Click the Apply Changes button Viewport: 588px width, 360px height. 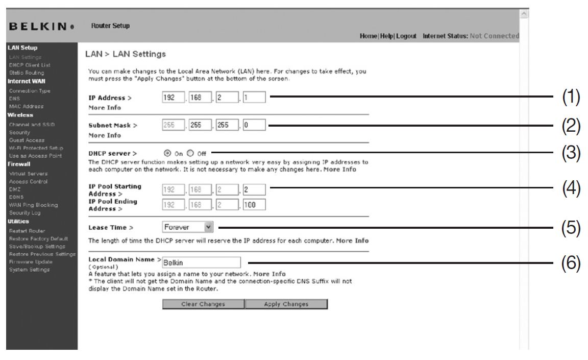click(286, 304)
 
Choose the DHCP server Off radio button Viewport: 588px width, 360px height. click(190, 152)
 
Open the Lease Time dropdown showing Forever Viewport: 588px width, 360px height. click(188, 226)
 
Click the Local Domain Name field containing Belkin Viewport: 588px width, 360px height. click(201, 262)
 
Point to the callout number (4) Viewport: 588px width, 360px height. click(572, 188)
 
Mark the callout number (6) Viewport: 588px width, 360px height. click(572, 263)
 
